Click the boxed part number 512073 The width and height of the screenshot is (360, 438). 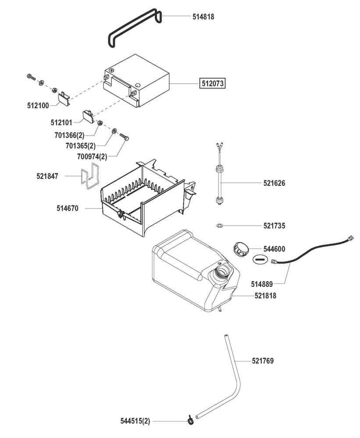coord(213,83)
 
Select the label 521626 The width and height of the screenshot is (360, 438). coord(274,183)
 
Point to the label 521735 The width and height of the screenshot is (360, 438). coord(274,226)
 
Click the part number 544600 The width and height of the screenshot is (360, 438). coord(274,249)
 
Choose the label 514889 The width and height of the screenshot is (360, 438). coord(262,284)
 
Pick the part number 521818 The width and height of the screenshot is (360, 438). coord(265,296)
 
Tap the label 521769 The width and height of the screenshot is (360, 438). coord(263,361)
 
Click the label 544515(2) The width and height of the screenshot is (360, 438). coord(135,421)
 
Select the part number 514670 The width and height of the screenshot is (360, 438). coord(68,208)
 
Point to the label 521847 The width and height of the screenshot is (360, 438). coord(47,176)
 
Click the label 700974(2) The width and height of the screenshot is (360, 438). coord(92,156)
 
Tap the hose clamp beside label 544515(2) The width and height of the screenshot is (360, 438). coord(190,420)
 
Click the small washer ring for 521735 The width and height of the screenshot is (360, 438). coord(219,226)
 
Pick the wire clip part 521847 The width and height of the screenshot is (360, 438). coord(89,176)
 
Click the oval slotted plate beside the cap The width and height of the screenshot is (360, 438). coord(260,259)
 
